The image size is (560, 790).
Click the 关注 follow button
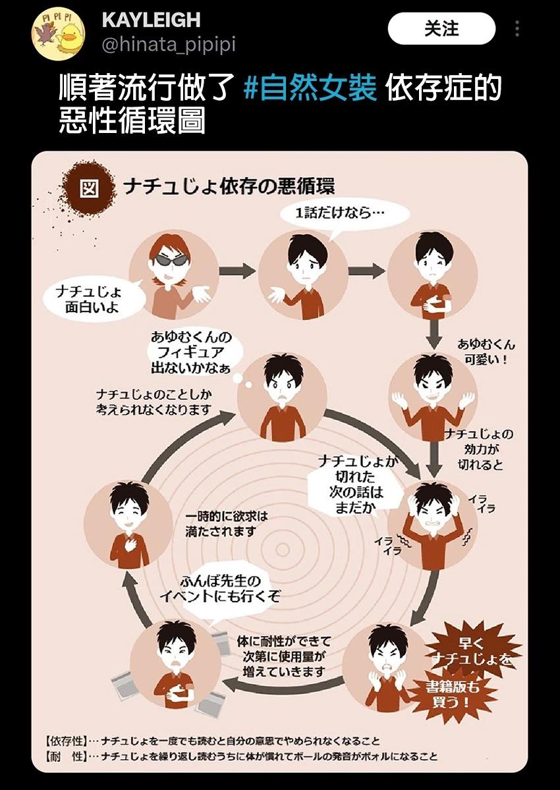pos(441,29)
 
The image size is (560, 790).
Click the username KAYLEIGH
pos(151,20)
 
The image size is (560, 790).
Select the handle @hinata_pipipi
pos(168,44)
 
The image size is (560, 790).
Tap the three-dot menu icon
pos(517,29)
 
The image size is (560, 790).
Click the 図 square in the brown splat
pos(90,188)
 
